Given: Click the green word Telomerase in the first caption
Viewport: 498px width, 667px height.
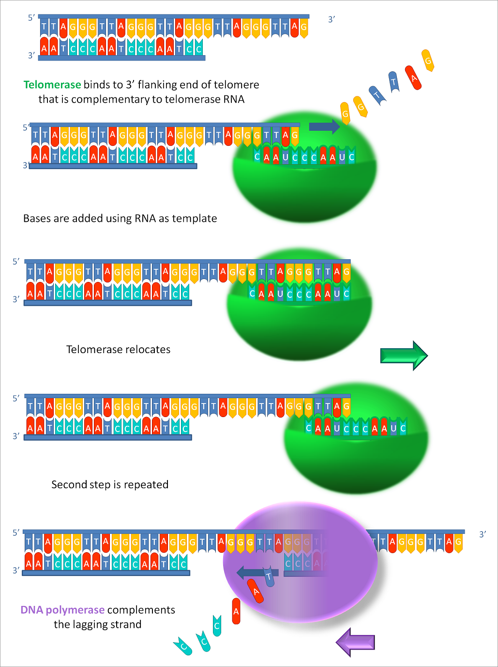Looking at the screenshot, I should pyautogui.click(x=52, y=85).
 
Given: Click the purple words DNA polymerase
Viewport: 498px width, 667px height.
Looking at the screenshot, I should pyautogui.click(x=62, y=610).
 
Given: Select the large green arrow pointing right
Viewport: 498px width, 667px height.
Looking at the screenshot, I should pyautogui.click(x=404, y=356).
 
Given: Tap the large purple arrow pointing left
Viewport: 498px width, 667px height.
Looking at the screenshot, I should pyautogui.click(x=356, y=642).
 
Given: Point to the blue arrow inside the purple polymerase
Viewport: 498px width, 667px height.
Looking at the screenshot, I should pyautogui.click(x=250, y=573).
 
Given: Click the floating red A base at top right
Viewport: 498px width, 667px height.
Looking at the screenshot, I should pyautogui.click(x=413, y=78).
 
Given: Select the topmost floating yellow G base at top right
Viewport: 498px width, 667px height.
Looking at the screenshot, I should pyautogui.click(x=428, y=61).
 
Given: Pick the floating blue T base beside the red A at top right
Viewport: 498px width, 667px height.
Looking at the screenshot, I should pyautogui.click(x=394, y=82).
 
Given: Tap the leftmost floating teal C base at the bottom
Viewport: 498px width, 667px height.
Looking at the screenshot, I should pyautogui.click(x=183, y=647).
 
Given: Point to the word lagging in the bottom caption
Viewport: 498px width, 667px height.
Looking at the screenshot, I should pyautogui.click(x=94, y=624).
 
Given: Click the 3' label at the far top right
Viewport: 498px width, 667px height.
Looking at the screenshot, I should pyautogui.click(x=332, y=19).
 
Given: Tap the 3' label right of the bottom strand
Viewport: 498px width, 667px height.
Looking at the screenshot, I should pyautogui.click(x=482, y=534).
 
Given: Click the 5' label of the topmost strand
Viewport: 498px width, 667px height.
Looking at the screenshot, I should pyautogui.click(x=31, y=18).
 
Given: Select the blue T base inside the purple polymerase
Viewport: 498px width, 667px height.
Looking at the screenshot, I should pyautogui.click(x=270, y=577).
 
